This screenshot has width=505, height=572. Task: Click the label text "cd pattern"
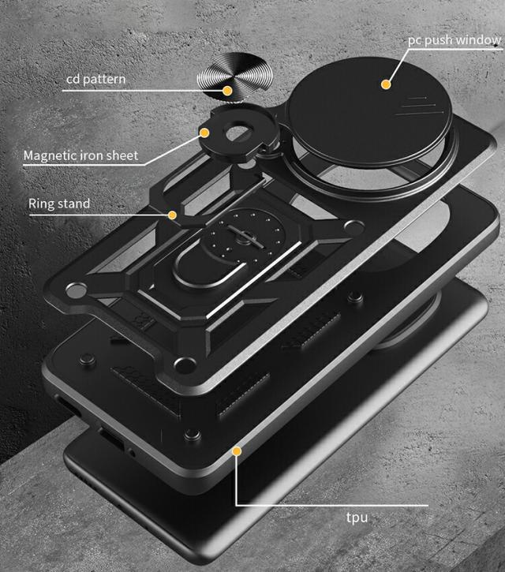95,79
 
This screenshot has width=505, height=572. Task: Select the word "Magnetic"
50,155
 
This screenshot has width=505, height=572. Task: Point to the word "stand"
77,204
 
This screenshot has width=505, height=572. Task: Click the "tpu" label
356,518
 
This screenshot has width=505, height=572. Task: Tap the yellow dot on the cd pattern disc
227,91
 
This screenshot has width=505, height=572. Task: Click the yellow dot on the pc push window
386,83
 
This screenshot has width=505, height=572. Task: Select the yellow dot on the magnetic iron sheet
204,133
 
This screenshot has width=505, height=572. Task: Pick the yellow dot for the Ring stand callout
173,214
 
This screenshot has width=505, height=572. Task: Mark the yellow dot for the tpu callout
236,450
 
